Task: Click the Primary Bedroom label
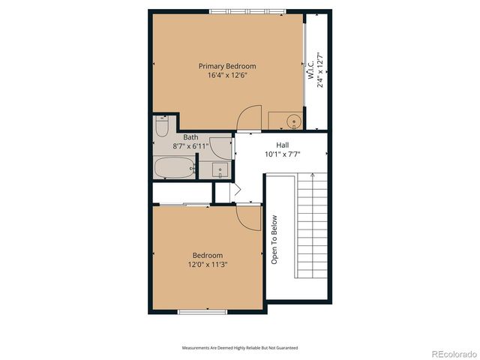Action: pyautogui.click(x=227, y=66)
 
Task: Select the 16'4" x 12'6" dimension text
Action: pyautogui.click(x=227, y=75)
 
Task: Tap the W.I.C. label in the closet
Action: pyautogui.click(x=310, y=70)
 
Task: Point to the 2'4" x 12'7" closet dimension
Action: pyautogui.click(x=320, y=70)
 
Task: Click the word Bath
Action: pyautogui.click(x=190, y=137)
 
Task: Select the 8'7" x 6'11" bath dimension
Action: pyautogui.click(x=190, y=146)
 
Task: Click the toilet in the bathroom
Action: pyautogui.click(x=162, y=127)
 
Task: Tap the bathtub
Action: pyautogui.click(x=173, y=169)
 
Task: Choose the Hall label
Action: pyautogui.click(x=282, y=145)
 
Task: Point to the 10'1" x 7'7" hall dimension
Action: pyautogui.click(x=282, y=154)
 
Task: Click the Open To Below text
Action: pyautogui.click(x=274, y=240)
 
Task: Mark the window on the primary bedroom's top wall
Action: pyautogui.click(x=247, y=10)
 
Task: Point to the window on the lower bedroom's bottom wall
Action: pyautogui.click(x=203, y=311)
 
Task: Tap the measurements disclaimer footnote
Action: pyautogui.click(x=239, y=348)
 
